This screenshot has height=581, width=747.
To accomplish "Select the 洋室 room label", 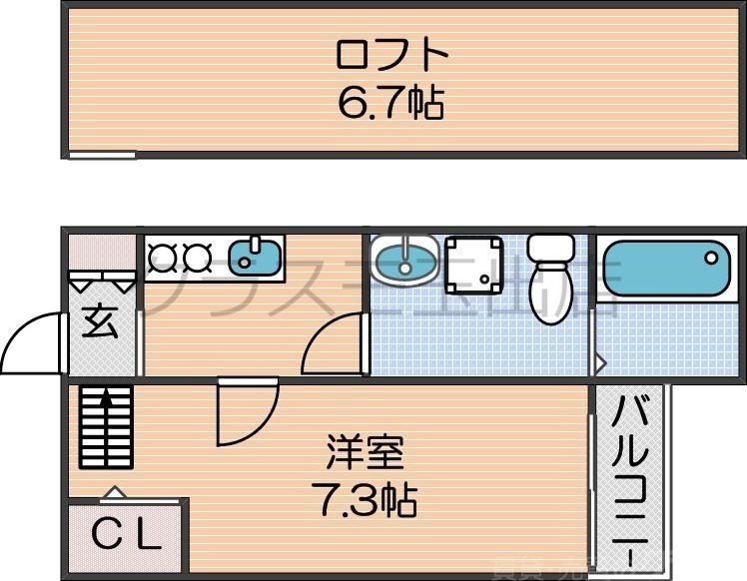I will [x=365, y=453].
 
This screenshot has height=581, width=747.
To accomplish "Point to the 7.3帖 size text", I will [x=365, y=499].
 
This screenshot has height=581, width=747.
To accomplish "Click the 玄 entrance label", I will [x=100, y=323].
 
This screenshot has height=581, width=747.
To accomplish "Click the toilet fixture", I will [x=550, y=280].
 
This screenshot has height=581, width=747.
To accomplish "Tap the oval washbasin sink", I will [x=403, y=262].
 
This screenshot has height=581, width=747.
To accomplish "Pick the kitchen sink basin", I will [x=256, y=258].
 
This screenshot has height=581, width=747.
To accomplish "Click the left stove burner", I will [x=163, y=259].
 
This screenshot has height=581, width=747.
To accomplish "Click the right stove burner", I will [x=196, y=259].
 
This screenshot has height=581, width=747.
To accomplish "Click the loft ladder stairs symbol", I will [x=105, y=427].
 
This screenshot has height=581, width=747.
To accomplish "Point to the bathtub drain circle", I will [x=710, y=257].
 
